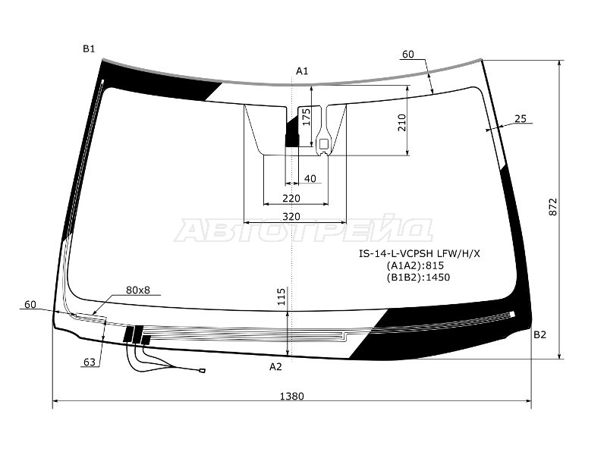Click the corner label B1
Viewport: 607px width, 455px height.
click(89, 49)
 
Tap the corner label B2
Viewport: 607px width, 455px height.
click(539, 334)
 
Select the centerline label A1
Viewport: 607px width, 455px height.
click(302, 71)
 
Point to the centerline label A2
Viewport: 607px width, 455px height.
click(275, 366)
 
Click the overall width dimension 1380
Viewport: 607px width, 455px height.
click(292, 396)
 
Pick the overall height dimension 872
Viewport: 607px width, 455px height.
click(553, 207)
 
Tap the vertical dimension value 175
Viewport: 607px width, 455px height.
click(307, 117)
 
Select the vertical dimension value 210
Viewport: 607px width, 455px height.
click(402, 123)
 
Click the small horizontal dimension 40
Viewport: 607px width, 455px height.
click(310, 179)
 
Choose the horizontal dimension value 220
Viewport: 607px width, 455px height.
click(291, 199)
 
